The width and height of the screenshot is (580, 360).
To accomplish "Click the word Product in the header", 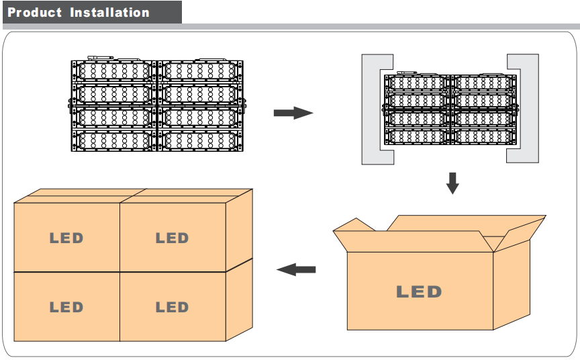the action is click(34, 13).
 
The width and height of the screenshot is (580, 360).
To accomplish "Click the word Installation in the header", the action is click(110, 13).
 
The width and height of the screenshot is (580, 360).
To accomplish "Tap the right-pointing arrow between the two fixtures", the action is click(293, 113).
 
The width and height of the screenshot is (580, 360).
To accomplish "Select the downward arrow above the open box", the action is click(452, 183).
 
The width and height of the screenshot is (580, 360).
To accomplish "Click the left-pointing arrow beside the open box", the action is click(296, 269).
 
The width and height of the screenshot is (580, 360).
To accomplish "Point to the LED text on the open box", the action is click(419, 292).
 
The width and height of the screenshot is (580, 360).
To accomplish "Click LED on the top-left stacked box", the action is click(66, 238).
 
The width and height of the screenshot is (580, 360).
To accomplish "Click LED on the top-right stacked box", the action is click(173, 238).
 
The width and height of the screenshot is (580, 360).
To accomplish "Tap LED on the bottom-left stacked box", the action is click(66, 307).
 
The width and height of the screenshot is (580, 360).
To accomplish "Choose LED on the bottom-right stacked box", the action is click(173, 307).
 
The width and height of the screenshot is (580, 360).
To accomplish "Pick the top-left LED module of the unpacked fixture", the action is click(114, 71).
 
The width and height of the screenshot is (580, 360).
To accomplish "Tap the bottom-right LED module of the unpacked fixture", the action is click(201, 140).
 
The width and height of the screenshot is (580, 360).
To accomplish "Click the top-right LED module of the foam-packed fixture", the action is click(483, 83).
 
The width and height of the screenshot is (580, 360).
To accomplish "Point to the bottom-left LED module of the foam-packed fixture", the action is click(417, 136).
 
